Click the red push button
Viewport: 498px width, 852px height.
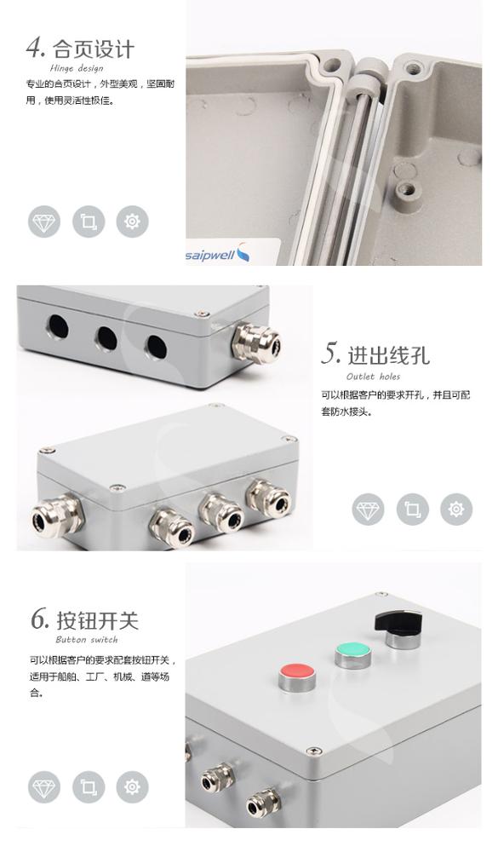[297, 676]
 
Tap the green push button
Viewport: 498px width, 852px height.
[353, 654]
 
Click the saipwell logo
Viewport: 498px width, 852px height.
[217, 253]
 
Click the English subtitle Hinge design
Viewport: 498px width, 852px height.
[77, 68]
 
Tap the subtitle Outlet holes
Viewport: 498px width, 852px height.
[373, 377]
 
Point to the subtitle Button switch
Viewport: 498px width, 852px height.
[87, 640]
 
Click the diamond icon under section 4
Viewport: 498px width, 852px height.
[44, 222]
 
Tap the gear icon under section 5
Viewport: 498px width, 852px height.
[456, 509]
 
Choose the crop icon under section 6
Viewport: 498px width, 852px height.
[89, 786]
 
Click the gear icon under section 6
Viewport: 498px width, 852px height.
[133, 786]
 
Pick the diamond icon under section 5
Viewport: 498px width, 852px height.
[369, 509]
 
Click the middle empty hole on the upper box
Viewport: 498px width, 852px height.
[106, 338]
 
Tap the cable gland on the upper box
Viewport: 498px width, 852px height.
[255, 343]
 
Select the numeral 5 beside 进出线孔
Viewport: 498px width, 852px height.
[331, 354]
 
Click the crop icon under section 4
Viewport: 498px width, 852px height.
[89, 222]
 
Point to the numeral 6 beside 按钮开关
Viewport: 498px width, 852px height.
[40, 619]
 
